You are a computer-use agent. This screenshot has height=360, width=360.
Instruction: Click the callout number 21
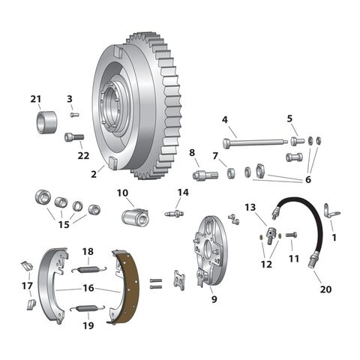36,99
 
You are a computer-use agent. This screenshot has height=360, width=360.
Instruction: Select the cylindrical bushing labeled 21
47,121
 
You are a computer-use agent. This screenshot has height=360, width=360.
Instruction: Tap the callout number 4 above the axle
224,120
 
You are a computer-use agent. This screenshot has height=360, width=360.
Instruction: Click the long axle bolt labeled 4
255,142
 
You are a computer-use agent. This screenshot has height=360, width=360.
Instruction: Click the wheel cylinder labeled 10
133,217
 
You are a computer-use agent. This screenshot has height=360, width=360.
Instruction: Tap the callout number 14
182,192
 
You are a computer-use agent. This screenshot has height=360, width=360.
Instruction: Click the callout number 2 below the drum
94,174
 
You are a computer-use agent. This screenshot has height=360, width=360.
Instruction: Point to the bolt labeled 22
73,137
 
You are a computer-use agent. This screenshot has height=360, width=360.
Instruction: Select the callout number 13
250,208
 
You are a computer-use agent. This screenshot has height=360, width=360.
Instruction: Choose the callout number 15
64,224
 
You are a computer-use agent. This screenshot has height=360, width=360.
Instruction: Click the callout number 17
27,285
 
